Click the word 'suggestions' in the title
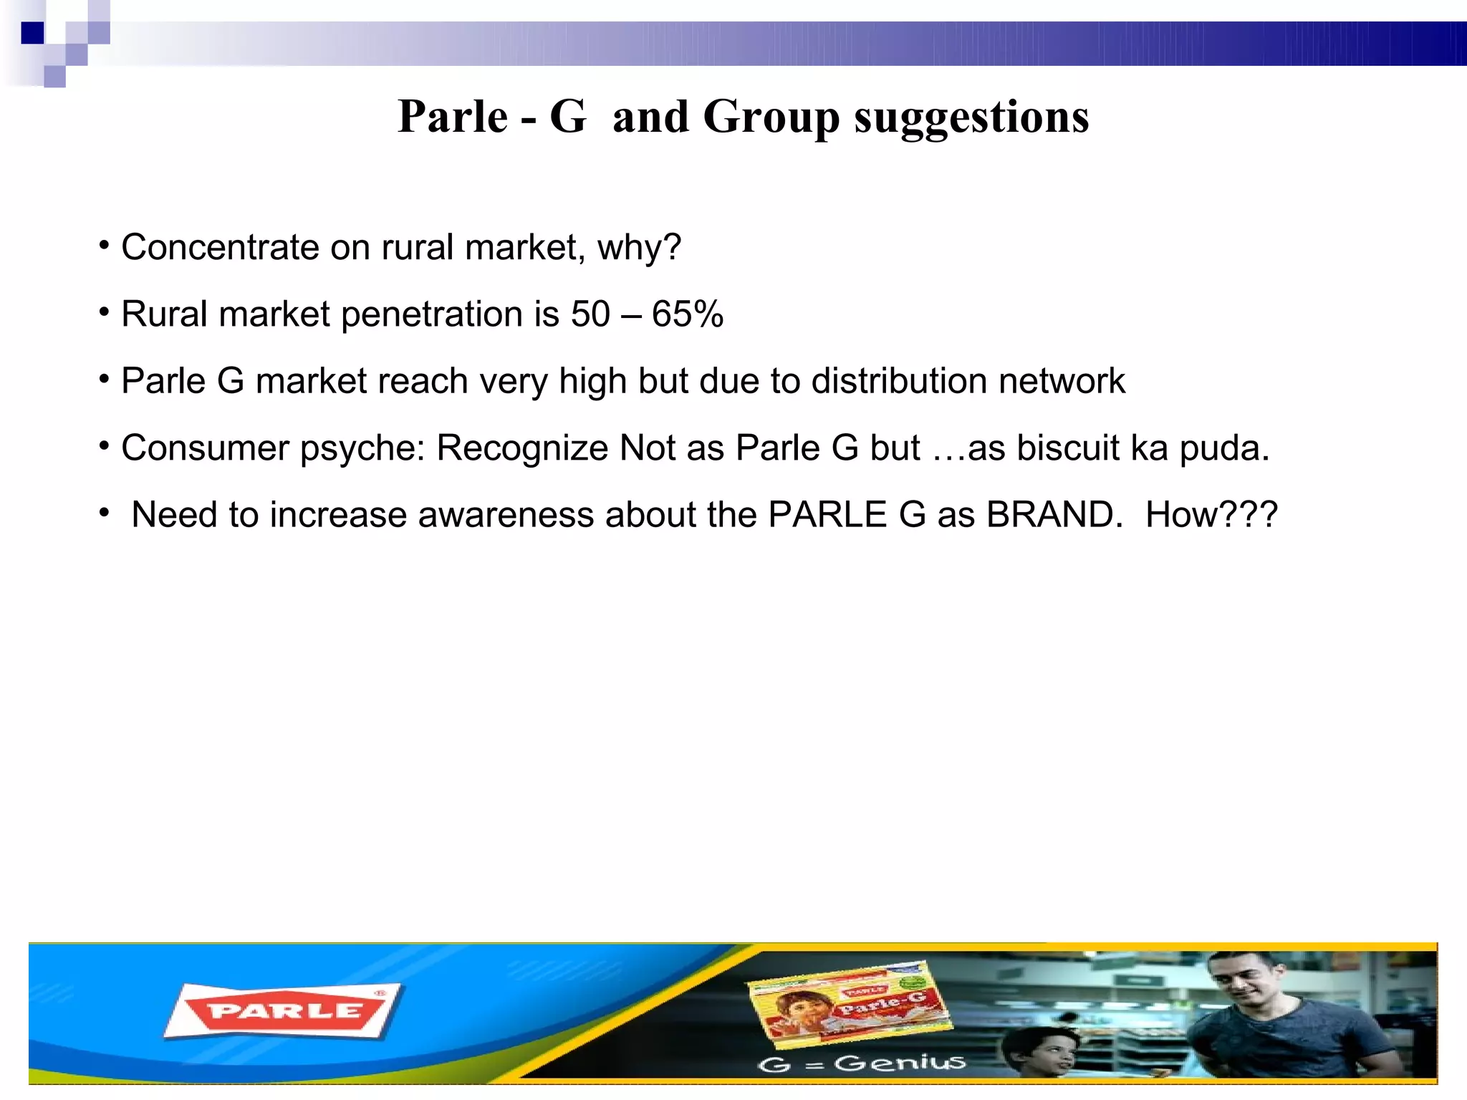[x=971, y=117]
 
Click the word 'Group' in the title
[x=771, y=117]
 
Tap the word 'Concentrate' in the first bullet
[x=220, y=247]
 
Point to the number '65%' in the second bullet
[x=688, y=314]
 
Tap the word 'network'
[x=1062, y=380]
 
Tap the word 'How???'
[x=1211, y=514]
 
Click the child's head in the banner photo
[x=1042, y=1049]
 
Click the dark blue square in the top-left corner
[x=32, y=33]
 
